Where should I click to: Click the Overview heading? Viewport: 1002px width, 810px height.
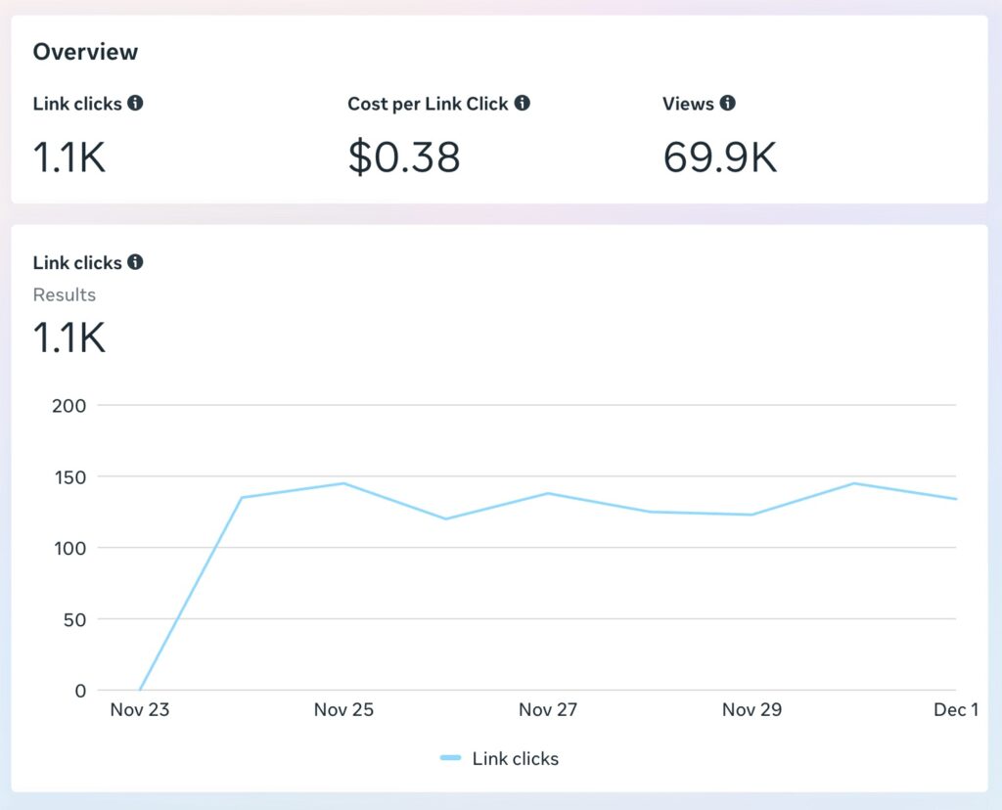tap(85, 52)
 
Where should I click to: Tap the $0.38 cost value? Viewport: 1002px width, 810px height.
tap(403, 157)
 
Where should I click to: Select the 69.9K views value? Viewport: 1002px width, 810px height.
tap(719, 157)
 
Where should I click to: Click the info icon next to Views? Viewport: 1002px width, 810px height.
tap(728, 103)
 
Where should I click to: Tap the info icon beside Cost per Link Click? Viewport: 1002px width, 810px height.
tap(523, 103)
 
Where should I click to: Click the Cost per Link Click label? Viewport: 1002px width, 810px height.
tap(428, 104)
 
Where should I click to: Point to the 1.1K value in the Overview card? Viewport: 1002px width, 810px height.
tap(68, 157)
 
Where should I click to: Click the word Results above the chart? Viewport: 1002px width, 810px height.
tap(65, 294)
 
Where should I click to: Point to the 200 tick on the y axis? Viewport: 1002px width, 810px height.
tap(68, 405)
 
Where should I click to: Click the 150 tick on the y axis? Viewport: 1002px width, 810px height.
tap(69, 476)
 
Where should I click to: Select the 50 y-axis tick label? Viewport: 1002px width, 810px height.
tap(74, 619)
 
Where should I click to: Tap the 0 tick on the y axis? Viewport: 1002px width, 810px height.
tap(81, 691)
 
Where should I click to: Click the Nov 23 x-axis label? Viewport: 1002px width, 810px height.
tap(140, 710)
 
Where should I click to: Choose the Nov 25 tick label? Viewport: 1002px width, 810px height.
tap(343, 710)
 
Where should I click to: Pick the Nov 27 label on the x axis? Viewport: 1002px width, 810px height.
tap(548, 710)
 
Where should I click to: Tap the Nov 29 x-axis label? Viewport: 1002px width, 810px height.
tap(751, 710)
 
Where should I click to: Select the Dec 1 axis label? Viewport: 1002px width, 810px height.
tap(955, 710)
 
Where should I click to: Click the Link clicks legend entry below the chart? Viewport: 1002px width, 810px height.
tap(500, 758)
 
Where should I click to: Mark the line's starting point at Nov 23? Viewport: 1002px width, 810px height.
tap(140, 691)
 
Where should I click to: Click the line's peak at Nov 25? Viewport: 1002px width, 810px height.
tap(344, 483)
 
